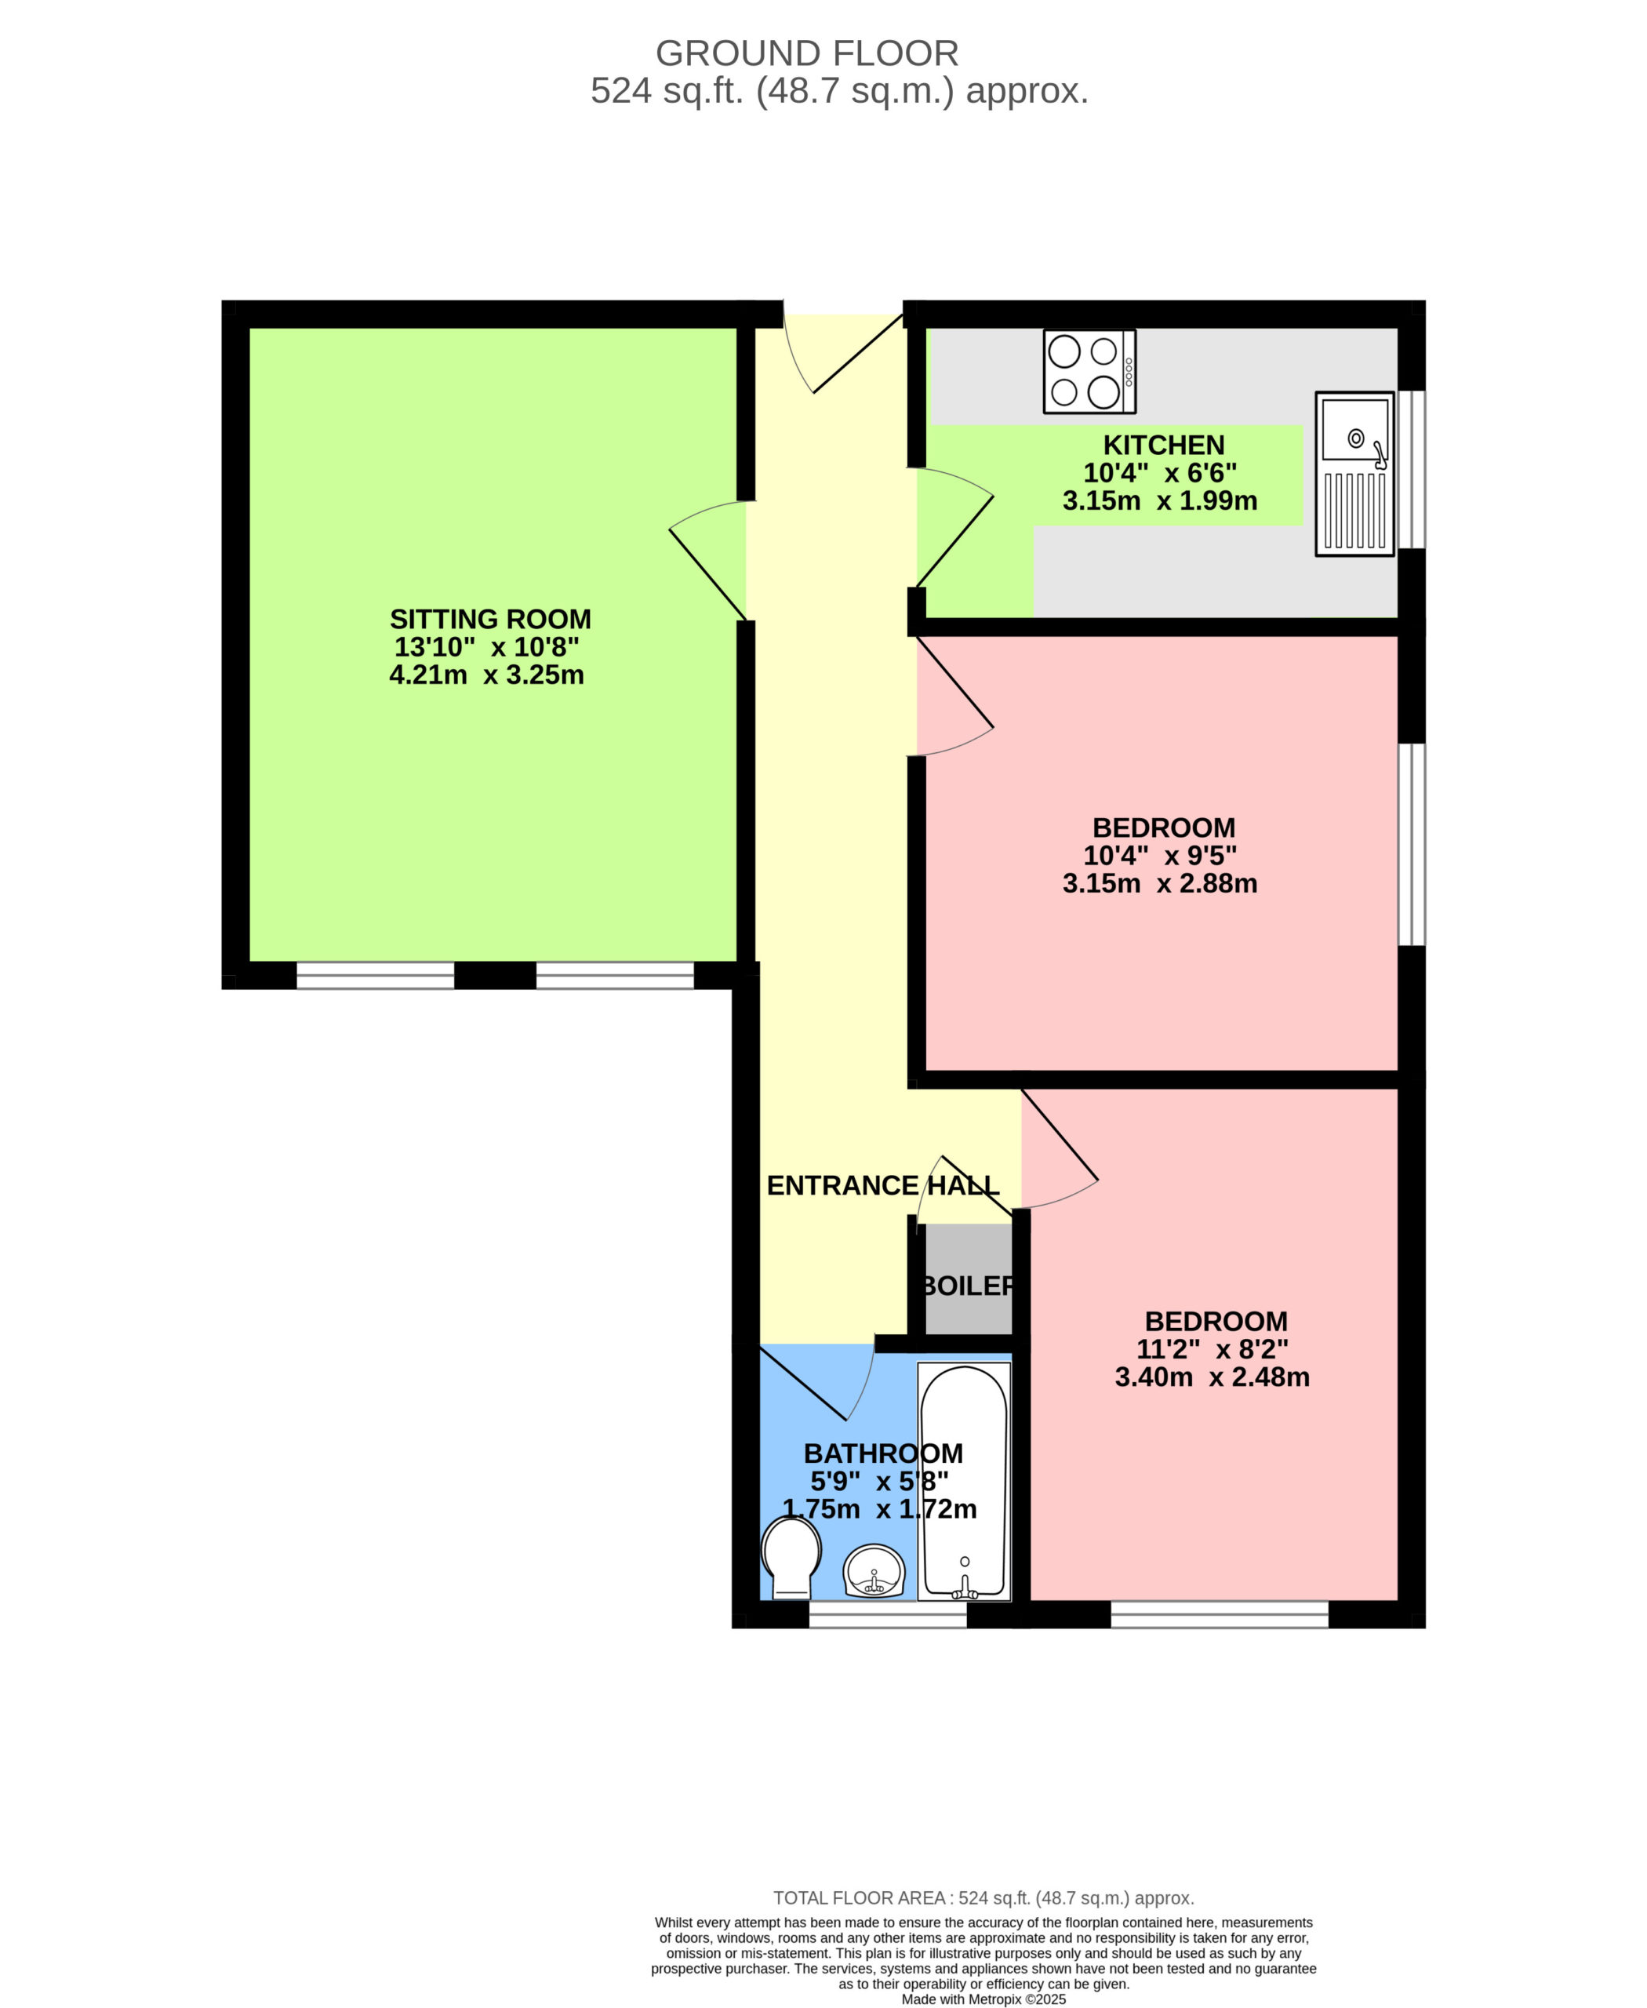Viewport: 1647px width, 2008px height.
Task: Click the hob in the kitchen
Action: pyautogui.click(x=1089, y=371)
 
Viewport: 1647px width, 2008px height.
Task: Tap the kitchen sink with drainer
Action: pyautogui.click(x=1354, y=474)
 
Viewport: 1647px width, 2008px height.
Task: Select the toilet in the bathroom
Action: pyautogui.click(x=791, y=1559)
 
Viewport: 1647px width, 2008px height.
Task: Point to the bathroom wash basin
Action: pyautogui.click(x=874, y=1571)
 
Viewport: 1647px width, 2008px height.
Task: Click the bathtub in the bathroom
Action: pyautogui.click(x=964, y=1482)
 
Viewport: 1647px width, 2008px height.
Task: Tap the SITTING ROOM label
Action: pyautogui.click(x=490, y=620)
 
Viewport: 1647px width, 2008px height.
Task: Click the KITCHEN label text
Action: pyautogui.click(x=1163, y=445)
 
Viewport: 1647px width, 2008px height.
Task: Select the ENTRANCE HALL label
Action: pyautogui.click(x=882, y=1185)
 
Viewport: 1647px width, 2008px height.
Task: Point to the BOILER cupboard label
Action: pyautogui.click(x=968, y=1286)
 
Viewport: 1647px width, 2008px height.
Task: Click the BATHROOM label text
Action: pyautogui.click(x=883, y=1453)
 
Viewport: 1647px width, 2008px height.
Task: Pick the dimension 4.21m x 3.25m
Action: pyautogui.click(x=487, y=675)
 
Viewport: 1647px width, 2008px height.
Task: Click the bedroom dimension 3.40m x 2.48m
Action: pyautogui.click(x=1213, y=1376)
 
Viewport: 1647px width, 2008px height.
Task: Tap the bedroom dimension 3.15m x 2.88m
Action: pyautogui.click(x=1160, y=882)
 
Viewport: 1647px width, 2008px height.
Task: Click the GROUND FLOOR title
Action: pyautogui.click(x=807, y=53)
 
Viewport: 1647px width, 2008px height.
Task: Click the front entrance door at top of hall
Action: pyautogui.click(x=842, y=353)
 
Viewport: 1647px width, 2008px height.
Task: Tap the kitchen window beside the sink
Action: pyautogui.click(x=1412, y=469)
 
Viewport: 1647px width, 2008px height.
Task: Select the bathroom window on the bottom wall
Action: pyautogui.click(x=887, y=1614)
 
